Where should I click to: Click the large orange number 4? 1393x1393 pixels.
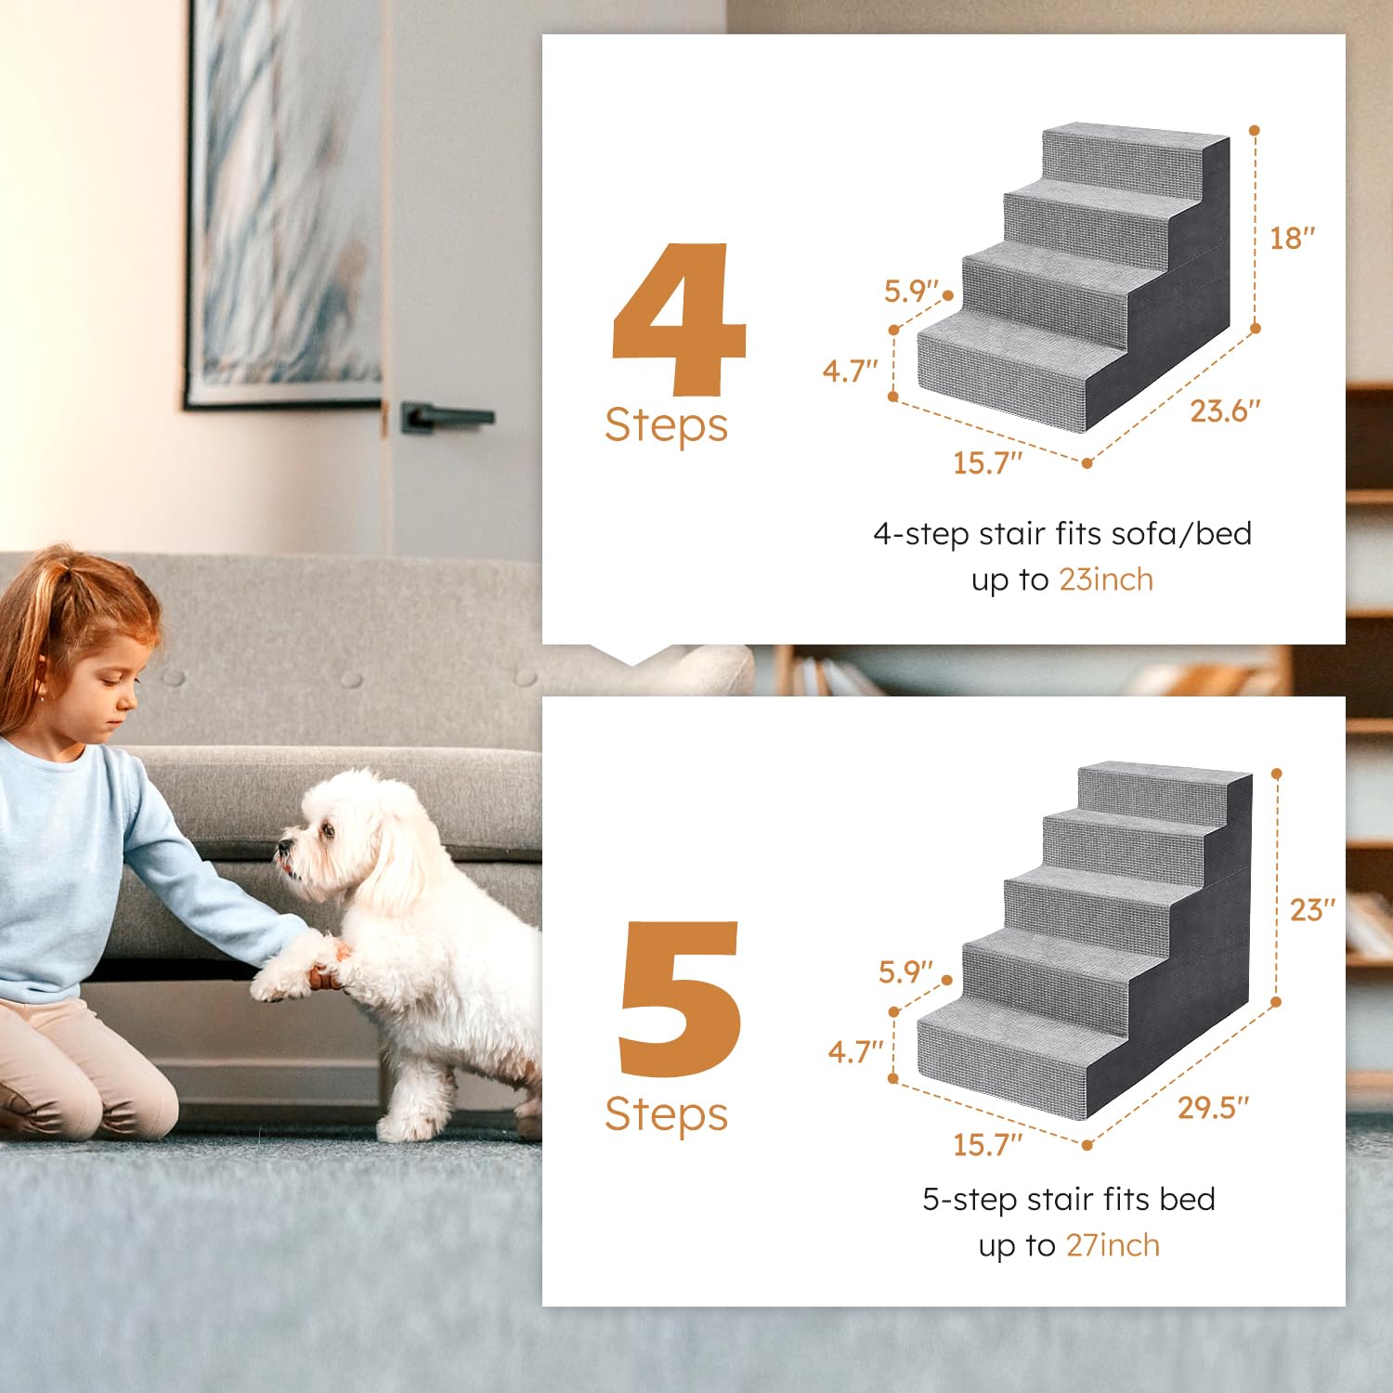[680, 320]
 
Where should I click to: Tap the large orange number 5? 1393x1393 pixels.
[680, 998]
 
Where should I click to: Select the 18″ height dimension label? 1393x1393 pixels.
[1292, 239]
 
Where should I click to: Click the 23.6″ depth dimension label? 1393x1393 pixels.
[1225, 410]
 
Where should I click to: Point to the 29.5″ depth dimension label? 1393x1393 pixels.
[1213, 1108]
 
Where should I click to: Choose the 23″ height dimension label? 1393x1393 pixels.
[1311, 910]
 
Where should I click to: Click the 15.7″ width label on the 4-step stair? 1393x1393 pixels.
[987, 462]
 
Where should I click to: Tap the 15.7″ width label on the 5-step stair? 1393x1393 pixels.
[987, 1144]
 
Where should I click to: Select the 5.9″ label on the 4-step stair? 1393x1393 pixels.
[910, 292]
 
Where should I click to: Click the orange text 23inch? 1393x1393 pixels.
[1106, 579]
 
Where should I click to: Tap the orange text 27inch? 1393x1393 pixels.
[1113, 1245]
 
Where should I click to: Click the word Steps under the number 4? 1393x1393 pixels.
[666, 426]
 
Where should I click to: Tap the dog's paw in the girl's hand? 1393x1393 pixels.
[279, 980]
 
